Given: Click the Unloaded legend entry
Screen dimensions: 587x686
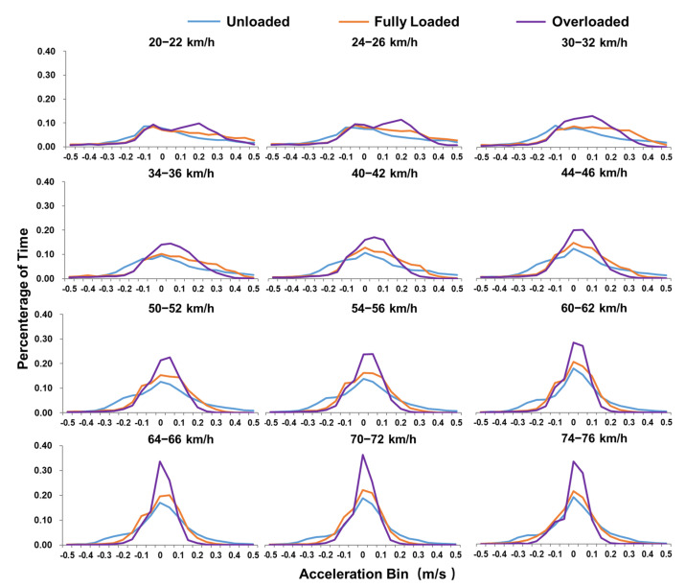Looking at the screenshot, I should click(251, 21).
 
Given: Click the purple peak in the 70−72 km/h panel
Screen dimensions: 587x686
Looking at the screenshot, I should click(362, 455).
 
